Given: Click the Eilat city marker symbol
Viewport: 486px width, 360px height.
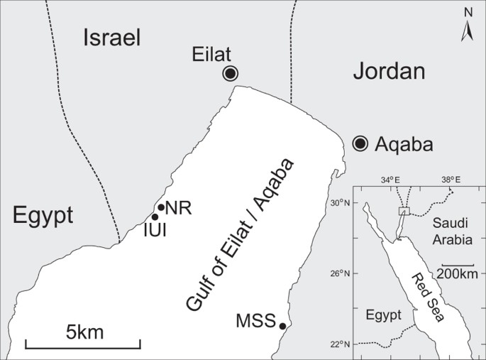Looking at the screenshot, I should (231, 73).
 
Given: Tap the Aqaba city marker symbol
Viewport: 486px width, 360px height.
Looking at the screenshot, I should (360, 144).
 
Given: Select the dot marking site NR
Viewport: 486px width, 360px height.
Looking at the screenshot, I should (161, 207).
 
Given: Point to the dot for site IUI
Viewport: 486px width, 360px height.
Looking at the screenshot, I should (155, 217).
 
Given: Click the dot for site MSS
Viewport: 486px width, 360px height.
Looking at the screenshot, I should (282, 326).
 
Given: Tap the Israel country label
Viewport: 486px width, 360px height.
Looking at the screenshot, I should (113, 38).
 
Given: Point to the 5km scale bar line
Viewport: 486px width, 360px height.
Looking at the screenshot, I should (83, 344).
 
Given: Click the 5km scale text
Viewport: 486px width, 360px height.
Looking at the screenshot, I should (84, 331).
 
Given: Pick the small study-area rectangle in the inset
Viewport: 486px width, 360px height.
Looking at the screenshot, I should (404, 210).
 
